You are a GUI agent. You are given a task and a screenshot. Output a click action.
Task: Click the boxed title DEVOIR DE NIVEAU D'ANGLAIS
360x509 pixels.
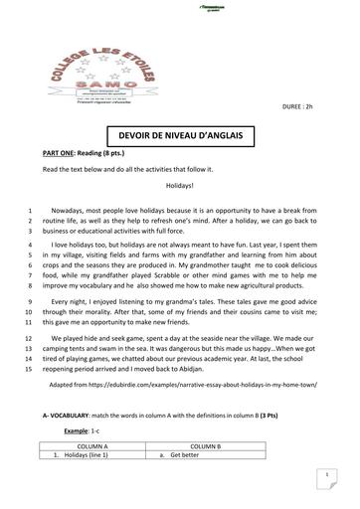click(x=179, y=136)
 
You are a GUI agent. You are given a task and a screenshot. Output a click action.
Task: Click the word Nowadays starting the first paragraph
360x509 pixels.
click(x=72, y=210)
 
